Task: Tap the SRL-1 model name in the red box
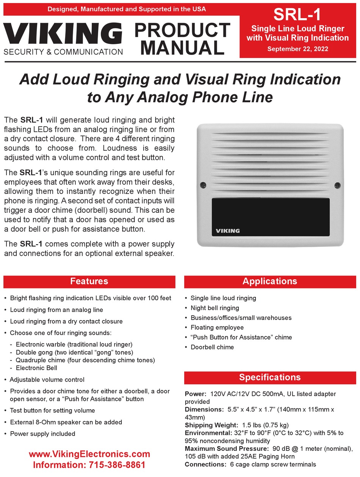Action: point(297,15)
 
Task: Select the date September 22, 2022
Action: point(297,49)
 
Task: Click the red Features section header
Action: point(89,281)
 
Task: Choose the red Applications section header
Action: point(270,281)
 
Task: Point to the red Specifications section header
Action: point(270,377)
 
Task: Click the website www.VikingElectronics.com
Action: point(89,454)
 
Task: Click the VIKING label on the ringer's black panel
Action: point(228,231)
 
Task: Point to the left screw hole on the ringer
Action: point(203,185)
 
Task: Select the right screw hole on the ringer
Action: point(337,185)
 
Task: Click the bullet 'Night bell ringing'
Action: point(214,308)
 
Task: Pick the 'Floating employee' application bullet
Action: point(217,327)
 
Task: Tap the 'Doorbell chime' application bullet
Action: point(212,347)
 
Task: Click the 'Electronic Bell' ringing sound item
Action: point(36,368)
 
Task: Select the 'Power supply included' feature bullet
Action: point(42,434)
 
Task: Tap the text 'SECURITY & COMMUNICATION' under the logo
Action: point(63,52)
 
